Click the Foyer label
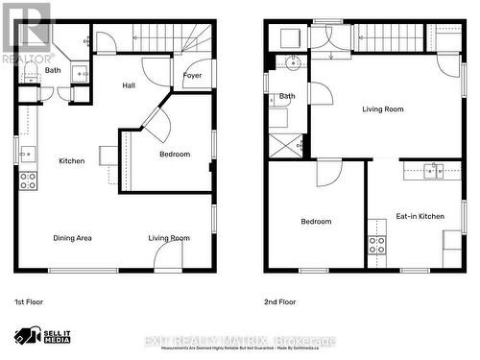pyautogui.click(x=192, y=75)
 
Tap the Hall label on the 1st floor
pyautogui.click(x=129, y=85)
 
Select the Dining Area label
pyautogui.click(x=72, y=238)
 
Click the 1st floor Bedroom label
pyautogui.click(x=175, y=154)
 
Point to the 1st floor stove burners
pyautogui.click(x=29, y=180)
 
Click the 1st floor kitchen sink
pyautogui.click(x=27, y=153)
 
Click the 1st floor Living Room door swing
pyautogui.click(x=168, y=254)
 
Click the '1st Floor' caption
pyautogui.click(x=29, y=301)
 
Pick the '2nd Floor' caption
pyautogui.click(x=279, y=301)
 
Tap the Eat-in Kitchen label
pyautogui.click(x=420, y=217)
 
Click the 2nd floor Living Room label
pyautogui.click(x=382, y=109)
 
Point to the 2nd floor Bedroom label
pyautogui.click(x=316, y=222)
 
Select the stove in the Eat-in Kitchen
pyautogui.click(x=376, y=244)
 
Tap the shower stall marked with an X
pyautogui.click(x=284, y=147)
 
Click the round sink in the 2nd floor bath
pyautogui.click(x=292, y=64)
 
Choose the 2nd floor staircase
pyautogui.click(x=389, y=37)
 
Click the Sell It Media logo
pyautogui.click(x=43, y=336)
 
